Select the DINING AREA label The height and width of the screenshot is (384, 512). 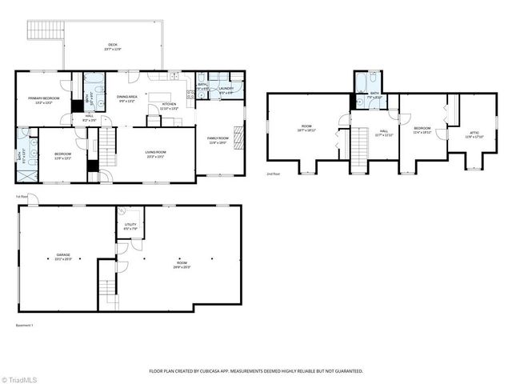[x=128, y=98]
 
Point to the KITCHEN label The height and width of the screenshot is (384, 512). [x=169, y=105]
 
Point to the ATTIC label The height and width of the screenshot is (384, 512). [x=474, y=133]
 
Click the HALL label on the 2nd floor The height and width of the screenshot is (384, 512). [x=383, y=133]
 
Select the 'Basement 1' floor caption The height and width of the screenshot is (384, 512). [x=25, y=326]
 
